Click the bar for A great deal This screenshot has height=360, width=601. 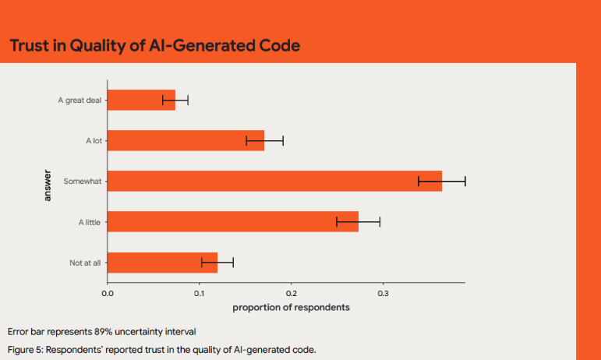click(x=141, y=100)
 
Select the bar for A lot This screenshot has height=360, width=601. click(x=186, y=140)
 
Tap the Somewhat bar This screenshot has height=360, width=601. click(x=274, y=181)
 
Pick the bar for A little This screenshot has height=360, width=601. click(x=232, y=221)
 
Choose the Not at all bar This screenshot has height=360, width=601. click(x=162, y=263)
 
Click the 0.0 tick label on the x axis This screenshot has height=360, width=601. click(x=108, y=293)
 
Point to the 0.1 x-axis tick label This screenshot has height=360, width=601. click(x=200, y=293)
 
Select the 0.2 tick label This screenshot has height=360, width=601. click(x=292, y=293)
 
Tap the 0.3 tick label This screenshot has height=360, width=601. click(x=383, y=293)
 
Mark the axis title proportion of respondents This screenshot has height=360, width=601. click(x=291, y=307)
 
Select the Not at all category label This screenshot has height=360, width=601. click(x=85, y=263)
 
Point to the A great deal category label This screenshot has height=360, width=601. click(x=80, y=101)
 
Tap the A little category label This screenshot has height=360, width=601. click(x=90, y=222)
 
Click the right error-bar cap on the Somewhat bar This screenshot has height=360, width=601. click(x=465, y=181)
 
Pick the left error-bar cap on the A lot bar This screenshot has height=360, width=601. click(x=246, y=140)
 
